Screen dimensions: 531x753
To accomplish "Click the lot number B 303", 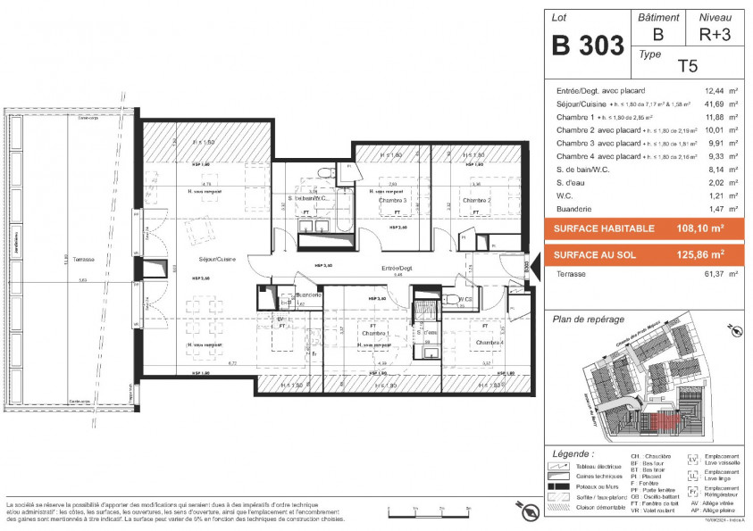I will pos(586,46).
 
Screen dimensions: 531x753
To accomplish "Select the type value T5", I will pos(687,65).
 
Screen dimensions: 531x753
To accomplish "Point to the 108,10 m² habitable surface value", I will pos(699,228).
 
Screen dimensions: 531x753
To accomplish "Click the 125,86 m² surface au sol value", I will pos(699,254).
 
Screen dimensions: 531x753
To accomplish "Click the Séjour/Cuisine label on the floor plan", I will pos(217,260).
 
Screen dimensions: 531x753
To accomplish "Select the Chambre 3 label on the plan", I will pos(393,201).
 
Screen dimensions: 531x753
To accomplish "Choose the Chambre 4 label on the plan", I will pos(489,343).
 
